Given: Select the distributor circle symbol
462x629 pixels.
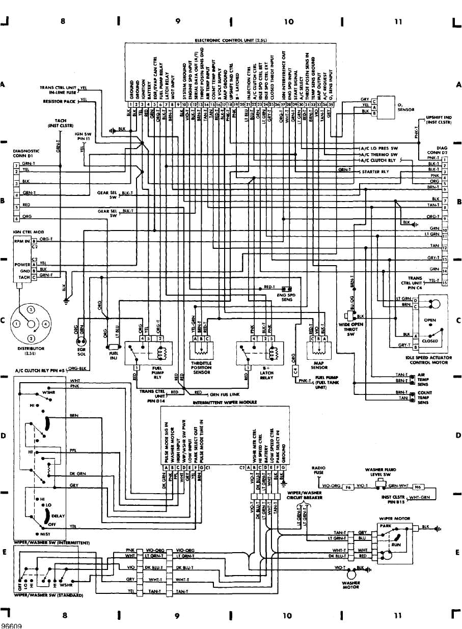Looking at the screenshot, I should pyautogui.click(x=32, y=324).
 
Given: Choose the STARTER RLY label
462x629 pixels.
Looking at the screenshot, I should pyautogui.click(x=376, y=172).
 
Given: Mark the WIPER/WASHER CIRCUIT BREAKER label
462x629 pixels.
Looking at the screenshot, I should pyautogui.click(x=304, y=495).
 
